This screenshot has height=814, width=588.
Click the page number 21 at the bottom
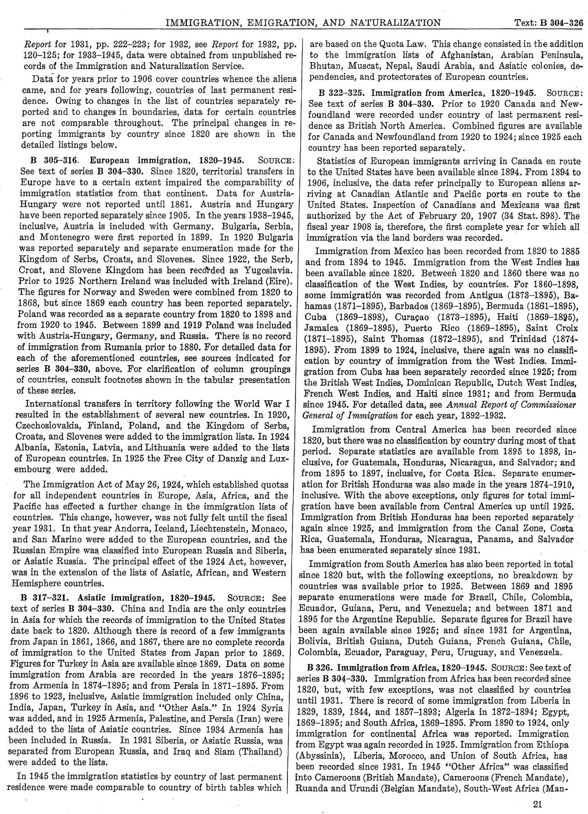tap(537, 805)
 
